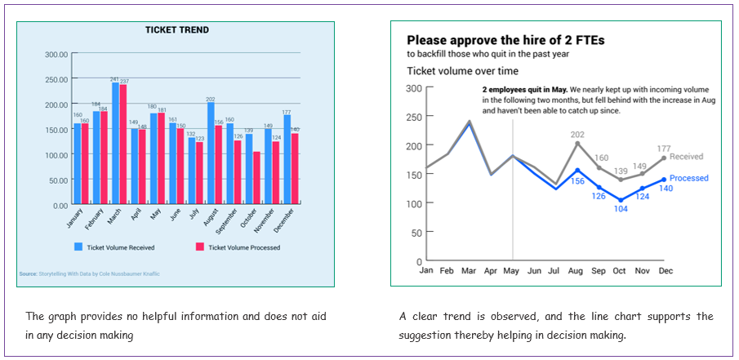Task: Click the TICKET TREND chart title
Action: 177,30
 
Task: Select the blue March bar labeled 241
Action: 116,143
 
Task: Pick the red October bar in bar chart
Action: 257,178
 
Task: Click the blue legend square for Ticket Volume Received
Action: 78,247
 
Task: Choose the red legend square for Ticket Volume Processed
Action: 199,247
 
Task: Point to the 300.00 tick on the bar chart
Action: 56,55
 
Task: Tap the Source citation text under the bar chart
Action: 90,275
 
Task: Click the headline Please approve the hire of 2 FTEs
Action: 505,40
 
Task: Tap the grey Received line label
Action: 687,157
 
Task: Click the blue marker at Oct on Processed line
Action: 621,200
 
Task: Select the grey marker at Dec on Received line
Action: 664,158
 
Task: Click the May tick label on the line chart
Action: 512,270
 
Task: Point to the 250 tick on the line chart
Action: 416,117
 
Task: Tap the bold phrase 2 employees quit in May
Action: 524,89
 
